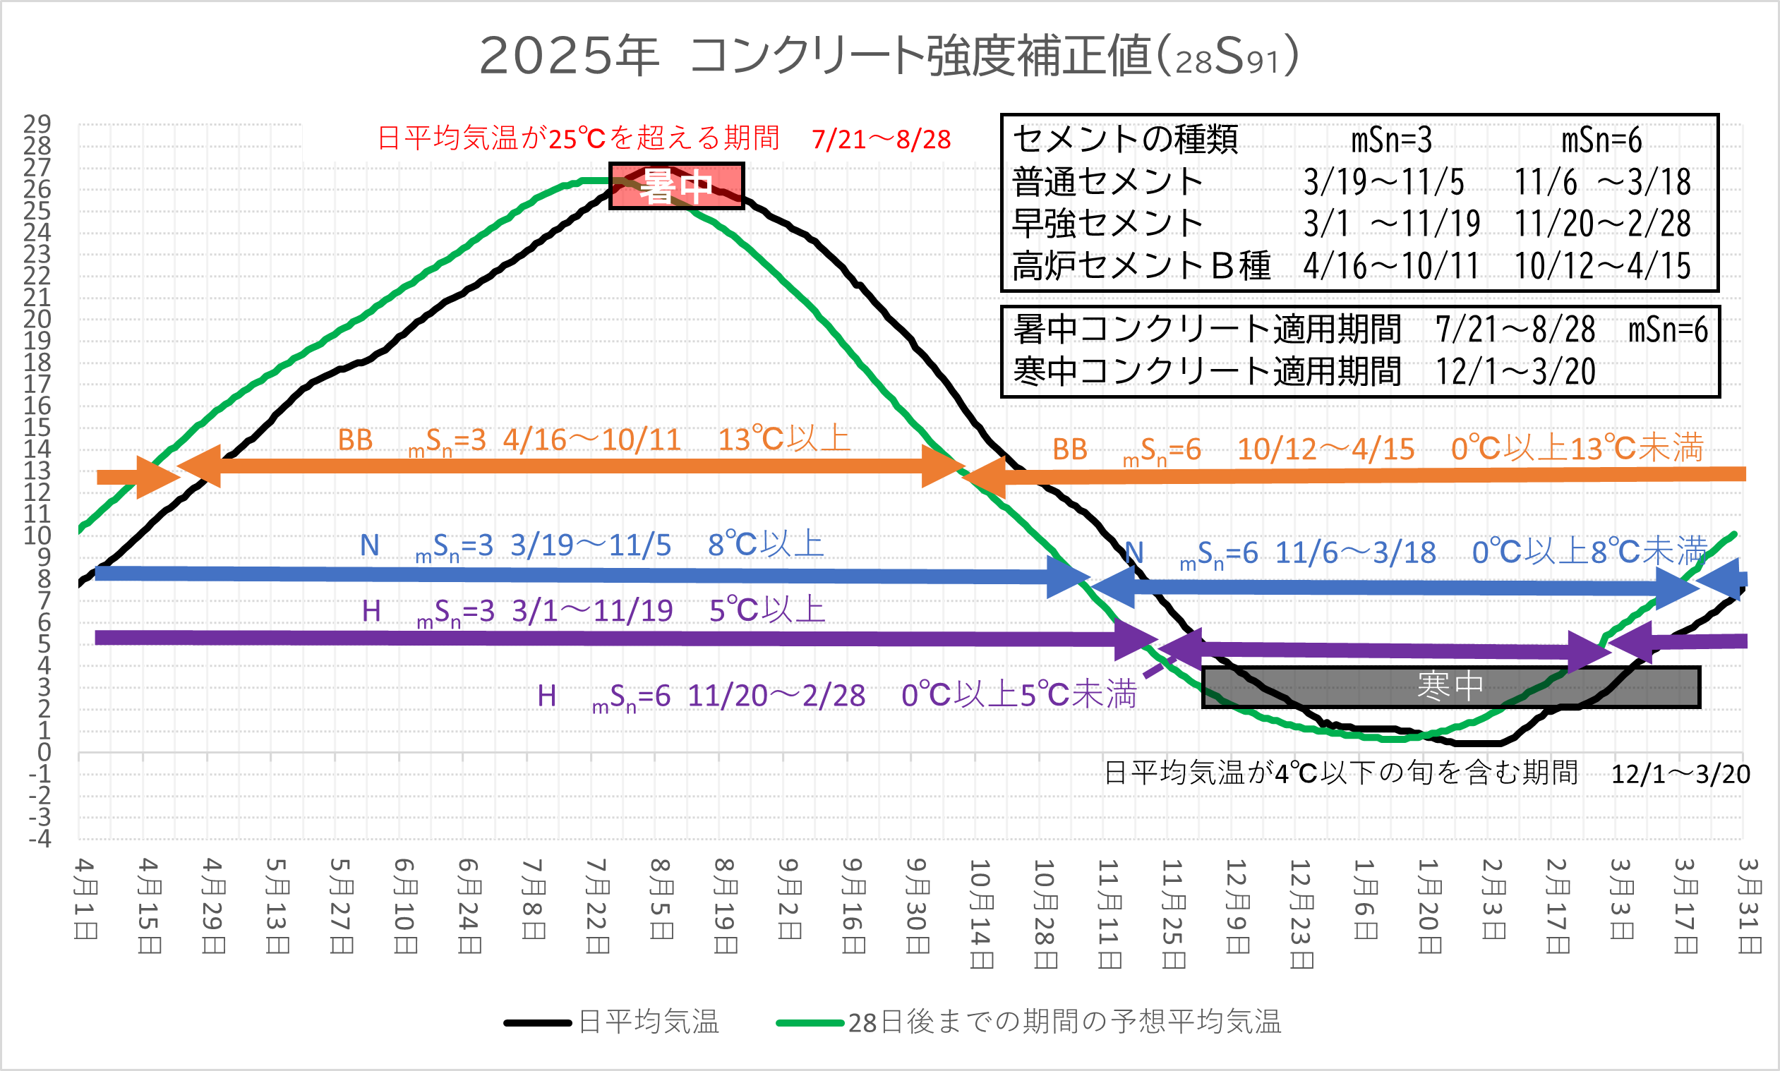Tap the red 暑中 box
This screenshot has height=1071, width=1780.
pos(676,186)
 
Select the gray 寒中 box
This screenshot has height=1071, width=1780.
pos(1451,686)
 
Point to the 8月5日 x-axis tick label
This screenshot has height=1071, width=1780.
pos(662,899)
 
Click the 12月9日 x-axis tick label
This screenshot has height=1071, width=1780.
pos(1238,906)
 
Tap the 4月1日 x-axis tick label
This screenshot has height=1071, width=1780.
pos(86,899)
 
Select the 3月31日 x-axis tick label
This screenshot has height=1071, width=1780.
pos(1750,906)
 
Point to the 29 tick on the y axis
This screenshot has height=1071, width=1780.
pos(37,124)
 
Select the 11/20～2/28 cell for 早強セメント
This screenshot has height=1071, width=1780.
pos(1602,224)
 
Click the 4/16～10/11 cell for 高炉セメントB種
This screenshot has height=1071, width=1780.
pos(1391,266)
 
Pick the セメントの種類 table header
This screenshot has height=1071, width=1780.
pos(1124,139)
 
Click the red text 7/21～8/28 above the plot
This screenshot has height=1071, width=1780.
pos(881,139)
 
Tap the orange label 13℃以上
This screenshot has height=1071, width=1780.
pos(784,440)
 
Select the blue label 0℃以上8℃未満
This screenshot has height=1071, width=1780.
pos(1589,552)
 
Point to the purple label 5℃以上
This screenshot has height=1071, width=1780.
pos(766,610)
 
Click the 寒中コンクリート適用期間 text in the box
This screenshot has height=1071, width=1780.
pos(1207,372)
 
